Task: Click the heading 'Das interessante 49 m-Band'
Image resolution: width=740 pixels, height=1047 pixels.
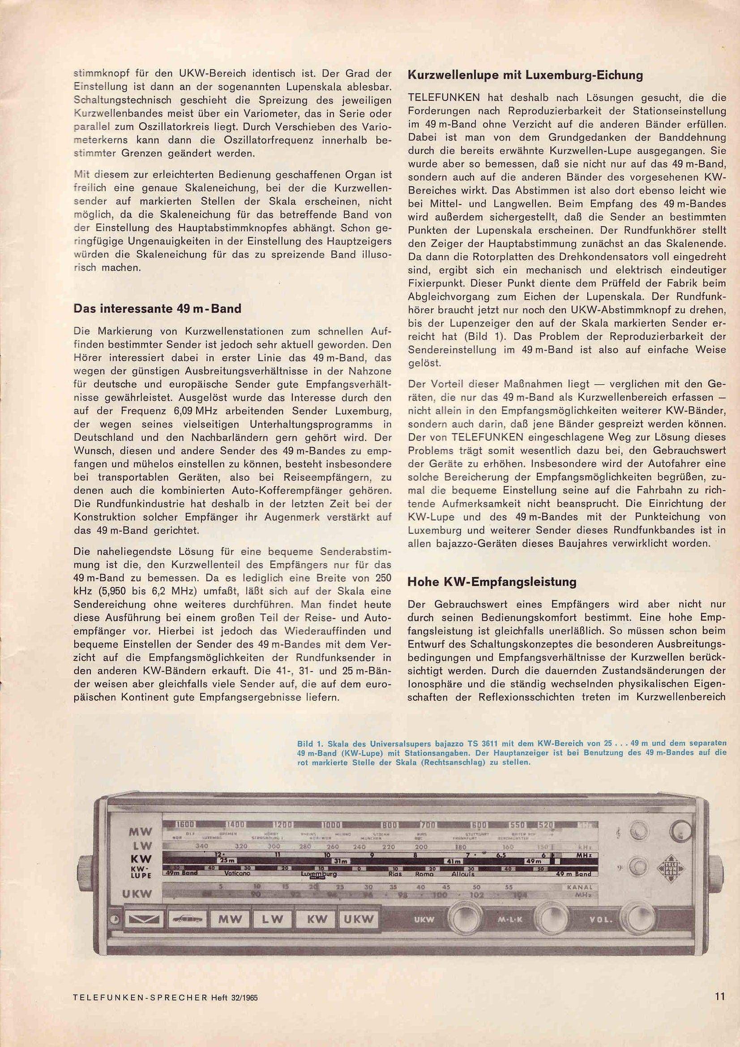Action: click(157, 309)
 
